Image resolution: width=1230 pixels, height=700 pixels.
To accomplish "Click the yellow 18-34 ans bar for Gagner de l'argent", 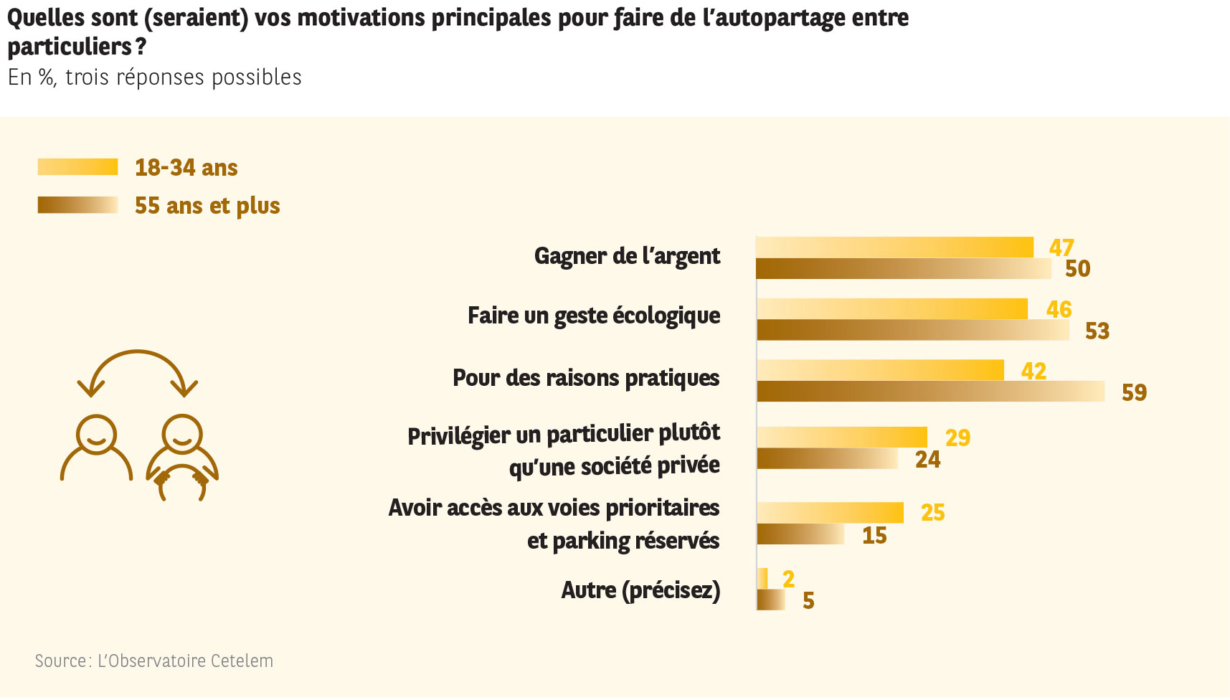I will [894, 247].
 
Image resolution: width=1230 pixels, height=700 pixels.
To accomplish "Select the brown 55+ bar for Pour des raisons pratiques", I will [930, 392].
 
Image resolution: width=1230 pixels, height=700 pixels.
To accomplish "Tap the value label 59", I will [1134, 392].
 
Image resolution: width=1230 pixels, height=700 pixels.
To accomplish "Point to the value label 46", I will [1059, 309].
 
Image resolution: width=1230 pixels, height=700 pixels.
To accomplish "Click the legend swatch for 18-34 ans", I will [77, 167].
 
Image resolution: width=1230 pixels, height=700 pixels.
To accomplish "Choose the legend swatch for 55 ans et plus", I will [77, 205].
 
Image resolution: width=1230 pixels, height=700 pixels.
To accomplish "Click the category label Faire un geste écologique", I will [593, 316].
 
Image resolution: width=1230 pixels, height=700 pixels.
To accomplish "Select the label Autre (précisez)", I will [640, 590].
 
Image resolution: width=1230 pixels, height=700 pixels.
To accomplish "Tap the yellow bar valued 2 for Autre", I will [762, 578].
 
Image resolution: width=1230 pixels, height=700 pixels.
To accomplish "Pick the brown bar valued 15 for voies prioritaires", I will [800, 534].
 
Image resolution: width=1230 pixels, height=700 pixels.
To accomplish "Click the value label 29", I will [957, 437].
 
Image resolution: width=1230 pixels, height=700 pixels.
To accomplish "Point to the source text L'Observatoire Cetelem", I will [185, 661].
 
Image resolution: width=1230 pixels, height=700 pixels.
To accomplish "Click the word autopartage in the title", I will [780, 17].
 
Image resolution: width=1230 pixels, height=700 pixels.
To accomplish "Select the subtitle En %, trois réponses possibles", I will [155, 77].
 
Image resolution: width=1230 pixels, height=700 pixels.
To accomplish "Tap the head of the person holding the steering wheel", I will [182, 434].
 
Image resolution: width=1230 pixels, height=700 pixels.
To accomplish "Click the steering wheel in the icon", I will [182, 482].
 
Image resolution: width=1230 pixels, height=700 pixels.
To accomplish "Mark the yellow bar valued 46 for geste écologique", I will [892, 309].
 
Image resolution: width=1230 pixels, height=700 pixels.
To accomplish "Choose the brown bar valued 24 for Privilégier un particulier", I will [827, 459].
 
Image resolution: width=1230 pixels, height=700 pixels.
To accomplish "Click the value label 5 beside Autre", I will [808, 600].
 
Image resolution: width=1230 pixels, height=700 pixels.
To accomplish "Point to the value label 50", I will [1077, 268].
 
